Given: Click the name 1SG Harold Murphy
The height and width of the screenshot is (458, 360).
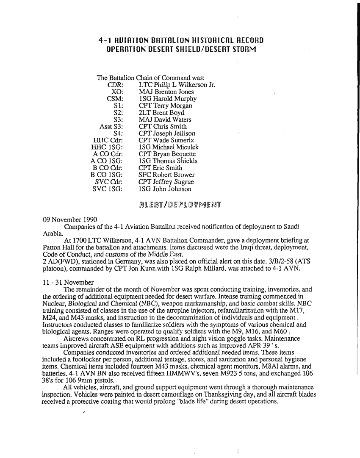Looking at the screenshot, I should click(x=168, y=99).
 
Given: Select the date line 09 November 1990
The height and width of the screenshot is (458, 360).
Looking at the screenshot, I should click(x=71, y=219).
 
